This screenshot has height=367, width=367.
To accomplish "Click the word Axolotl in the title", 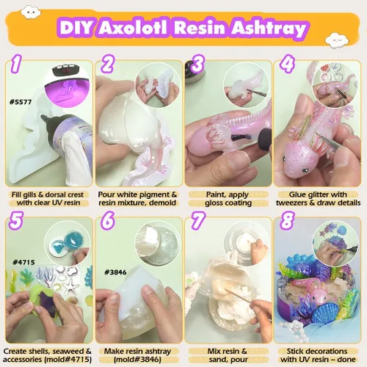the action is pos(134,28).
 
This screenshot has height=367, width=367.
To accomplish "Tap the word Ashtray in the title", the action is pos(269,29).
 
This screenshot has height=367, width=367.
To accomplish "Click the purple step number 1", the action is pos(16,64).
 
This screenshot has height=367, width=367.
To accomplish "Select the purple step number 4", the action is pos(288,64).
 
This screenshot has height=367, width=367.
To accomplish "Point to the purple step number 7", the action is pos(197,221).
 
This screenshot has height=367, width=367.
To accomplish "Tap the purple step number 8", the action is pos(287,221).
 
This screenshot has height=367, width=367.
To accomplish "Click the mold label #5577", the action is pos(21,102).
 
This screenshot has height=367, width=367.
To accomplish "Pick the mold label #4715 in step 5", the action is pos(23,262).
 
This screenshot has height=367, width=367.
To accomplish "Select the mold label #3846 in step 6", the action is pos(115,272).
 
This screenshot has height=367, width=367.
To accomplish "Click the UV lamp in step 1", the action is pos(68,83).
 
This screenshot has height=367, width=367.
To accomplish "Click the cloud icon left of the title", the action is pos(30,12).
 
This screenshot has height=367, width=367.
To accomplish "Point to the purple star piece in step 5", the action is pos(48,304).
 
